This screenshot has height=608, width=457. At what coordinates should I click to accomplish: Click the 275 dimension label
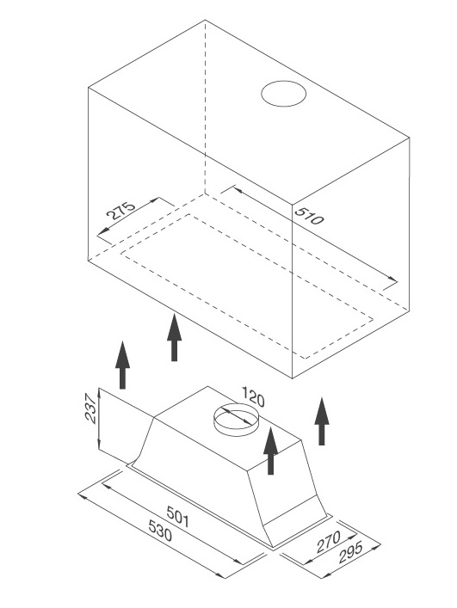point(120,210)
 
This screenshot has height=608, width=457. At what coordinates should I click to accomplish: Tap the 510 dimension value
point(308,216)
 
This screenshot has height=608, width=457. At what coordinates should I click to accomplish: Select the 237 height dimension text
point(90,408)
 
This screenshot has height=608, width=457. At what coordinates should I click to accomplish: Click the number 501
point(178,517)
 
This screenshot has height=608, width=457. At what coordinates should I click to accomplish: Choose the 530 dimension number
point(160,531)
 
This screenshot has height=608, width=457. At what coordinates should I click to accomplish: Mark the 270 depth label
point(328,542)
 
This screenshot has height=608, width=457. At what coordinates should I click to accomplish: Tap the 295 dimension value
point(350,553)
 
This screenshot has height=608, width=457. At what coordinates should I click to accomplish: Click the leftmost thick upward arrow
point(122,365)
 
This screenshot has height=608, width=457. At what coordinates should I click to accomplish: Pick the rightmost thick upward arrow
point(322,421)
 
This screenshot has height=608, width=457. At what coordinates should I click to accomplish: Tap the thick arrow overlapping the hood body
point(270,451)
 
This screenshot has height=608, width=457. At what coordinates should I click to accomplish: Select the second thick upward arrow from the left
point(174,337)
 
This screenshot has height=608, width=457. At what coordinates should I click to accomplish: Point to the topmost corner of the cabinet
point(205,20)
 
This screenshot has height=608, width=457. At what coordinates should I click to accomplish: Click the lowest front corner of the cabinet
point(292,378)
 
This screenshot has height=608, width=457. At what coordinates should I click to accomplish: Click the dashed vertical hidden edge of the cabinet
point(205,107)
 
